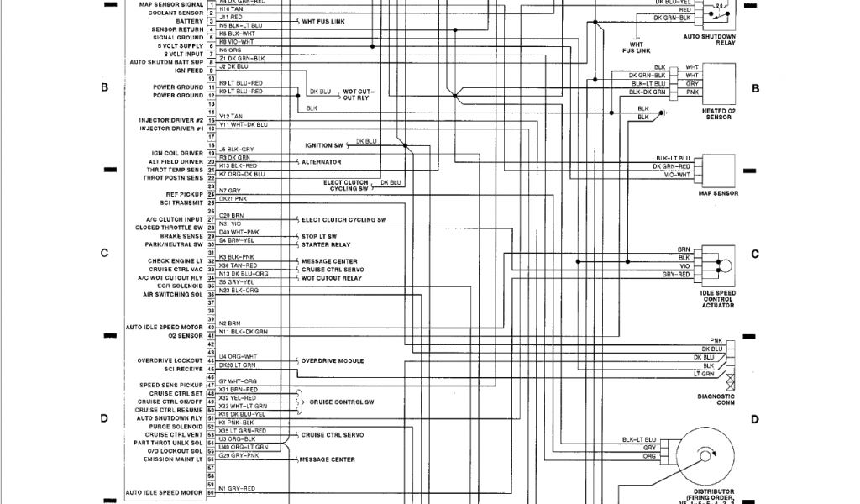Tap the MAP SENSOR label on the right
(x=718, y=193)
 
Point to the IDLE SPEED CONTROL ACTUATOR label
(x=718, y=297)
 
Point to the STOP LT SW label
(x=319, y=236)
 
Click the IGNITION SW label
(x=318, y=144)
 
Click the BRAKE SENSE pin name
(x=181, y=236)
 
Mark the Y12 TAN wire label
(x=231, y=116)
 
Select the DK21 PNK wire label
(x=233, y=199)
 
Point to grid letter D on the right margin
(x=755, y=419)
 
